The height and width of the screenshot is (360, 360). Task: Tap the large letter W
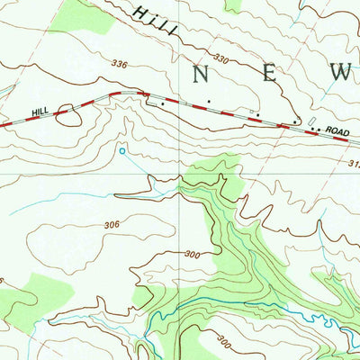(x=341, y=75)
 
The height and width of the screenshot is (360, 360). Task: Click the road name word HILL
(x=38, y=111)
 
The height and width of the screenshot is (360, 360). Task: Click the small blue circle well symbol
(x=122, y=151)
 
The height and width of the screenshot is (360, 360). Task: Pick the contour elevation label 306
(x=112, y=225)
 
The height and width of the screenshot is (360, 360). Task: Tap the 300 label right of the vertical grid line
(x=192, y=255)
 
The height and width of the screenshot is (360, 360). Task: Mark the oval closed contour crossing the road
(x=66, y=113)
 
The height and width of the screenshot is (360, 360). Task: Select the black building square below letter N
(x=210, y=101)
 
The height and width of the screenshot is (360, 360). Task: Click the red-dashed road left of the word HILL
(x=13, y=124)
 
